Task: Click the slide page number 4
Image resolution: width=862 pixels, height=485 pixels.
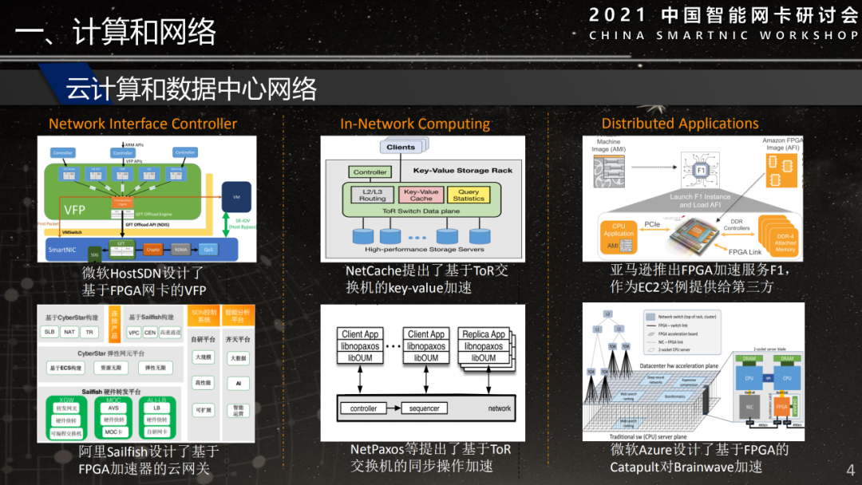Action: point(849,469)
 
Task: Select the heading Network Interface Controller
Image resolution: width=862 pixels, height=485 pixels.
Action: point(143,124)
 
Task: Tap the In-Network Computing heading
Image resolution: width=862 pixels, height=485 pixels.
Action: point(415,124)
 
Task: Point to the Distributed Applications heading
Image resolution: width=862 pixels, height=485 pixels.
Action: point(680,124)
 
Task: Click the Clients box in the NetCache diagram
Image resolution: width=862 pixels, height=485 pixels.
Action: point(401,147)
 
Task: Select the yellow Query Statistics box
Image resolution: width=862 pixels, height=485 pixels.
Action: point(469,195)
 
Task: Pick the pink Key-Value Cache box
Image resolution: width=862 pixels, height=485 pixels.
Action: point(421,195)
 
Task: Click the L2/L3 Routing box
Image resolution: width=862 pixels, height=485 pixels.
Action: point(371,195)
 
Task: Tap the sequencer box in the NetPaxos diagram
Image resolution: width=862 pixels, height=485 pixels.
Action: point(425,408)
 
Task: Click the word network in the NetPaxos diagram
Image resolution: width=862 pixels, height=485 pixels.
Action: point(500,408)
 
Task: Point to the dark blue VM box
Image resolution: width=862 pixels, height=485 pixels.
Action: point(236,196)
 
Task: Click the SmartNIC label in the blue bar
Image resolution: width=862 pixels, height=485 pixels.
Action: point(63,250)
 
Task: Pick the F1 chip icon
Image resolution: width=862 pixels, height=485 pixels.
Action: point(701,170)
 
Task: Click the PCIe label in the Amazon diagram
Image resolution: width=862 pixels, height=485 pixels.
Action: point(652,226)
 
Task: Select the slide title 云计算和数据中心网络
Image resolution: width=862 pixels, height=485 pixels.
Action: point(192,88)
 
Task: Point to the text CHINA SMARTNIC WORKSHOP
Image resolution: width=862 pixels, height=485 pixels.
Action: point(723,35)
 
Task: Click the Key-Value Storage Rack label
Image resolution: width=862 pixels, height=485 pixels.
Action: point(463,171)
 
